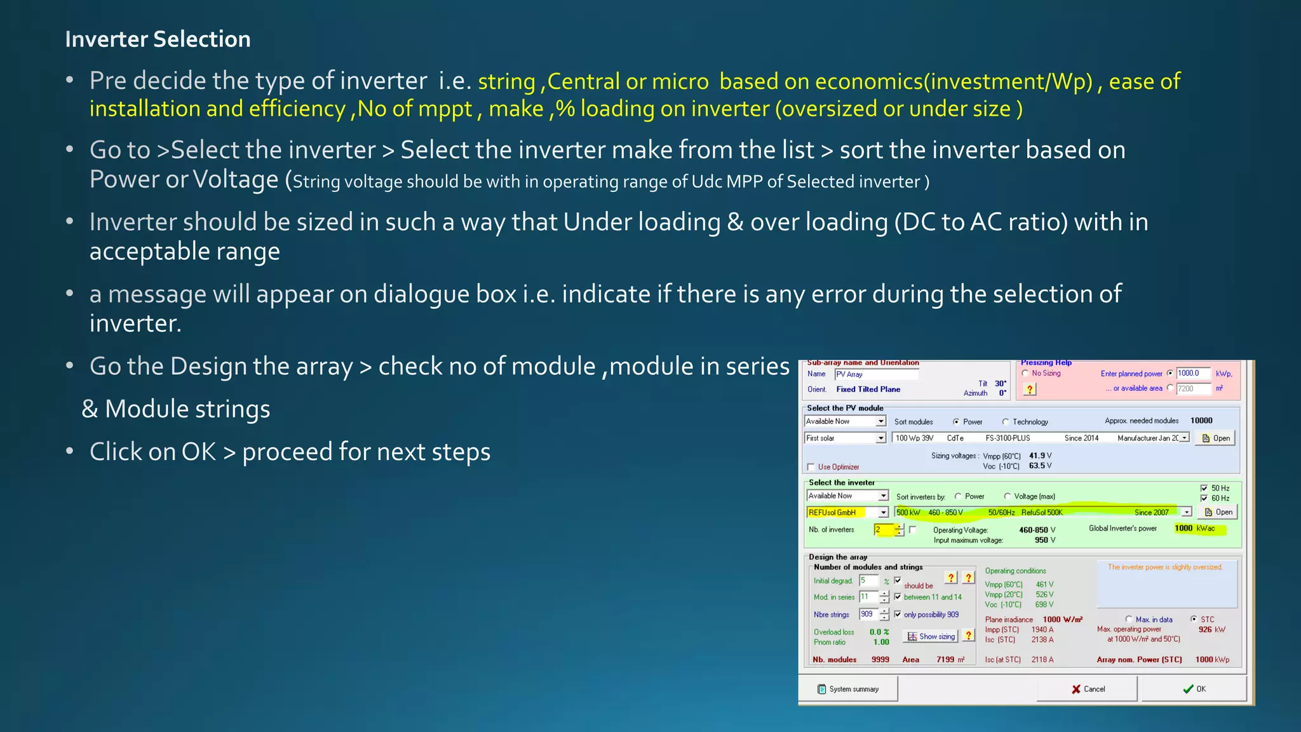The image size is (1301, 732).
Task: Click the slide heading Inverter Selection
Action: pos(158,39)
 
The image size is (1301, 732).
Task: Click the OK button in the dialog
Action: pos(1194,689)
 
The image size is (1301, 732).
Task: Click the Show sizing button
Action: pos(931,636)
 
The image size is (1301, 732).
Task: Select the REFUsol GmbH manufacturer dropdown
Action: pos(847,512)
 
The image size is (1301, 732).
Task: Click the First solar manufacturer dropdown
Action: pos(844,438)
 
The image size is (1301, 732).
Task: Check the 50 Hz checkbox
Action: pos(1204,488)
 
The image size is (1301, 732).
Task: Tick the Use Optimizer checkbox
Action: pos(811,467)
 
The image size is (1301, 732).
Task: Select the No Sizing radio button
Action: pos(1025,373)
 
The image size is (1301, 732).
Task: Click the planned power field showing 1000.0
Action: pos(1192,373)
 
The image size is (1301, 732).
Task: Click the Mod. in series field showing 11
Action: pos(868,597)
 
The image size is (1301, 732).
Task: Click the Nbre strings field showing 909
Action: pos(868,614)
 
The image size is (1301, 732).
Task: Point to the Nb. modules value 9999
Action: pos(880,660)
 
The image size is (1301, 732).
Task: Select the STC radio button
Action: pos(1194,619)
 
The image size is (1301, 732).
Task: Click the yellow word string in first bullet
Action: pos(506,82)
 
